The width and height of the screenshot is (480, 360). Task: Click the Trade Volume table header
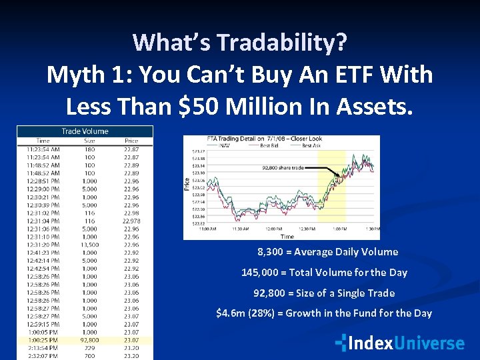pos(85,131)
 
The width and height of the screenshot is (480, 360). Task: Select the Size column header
pos(89,141)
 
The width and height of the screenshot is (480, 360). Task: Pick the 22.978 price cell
pos(131,221)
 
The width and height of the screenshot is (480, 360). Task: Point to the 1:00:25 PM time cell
pos(44,340)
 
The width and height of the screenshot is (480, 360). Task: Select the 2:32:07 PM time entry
pos(43,356)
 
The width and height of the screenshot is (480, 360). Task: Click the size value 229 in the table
pos(89,348)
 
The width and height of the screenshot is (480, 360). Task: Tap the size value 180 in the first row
pos(89,149)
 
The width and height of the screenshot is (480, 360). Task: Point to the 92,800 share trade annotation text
pos(283,168)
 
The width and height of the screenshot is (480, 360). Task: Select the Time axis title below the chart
pos(287,236)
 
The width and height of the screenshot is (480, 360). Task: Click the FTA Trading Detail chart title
pos(255,139)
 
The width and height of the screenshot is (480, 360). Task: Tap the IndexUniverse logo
pos(400,343)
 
